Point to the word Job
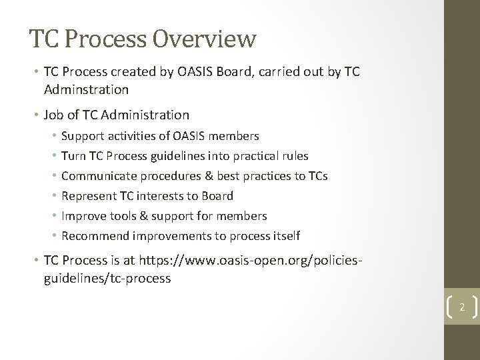click(x=55, y=115)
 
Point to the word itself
click(x=285, y=236)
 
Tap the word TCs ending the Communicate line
click(x=317, y=176)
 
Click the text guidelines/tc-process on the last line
click(x=107, y=279)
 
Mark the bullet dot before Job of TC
click(x=35, y=115)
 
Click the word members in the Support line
click(x=236, y=136)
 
